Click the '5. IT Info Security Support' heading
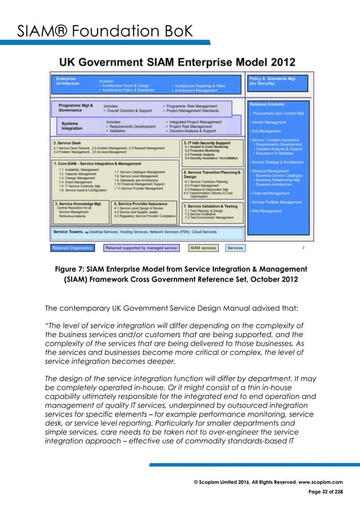(x=209, y=144)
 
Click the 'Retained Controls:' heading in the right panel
(x=268, y=104)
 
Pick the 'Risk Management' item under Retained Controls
(x=267, y=211)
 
